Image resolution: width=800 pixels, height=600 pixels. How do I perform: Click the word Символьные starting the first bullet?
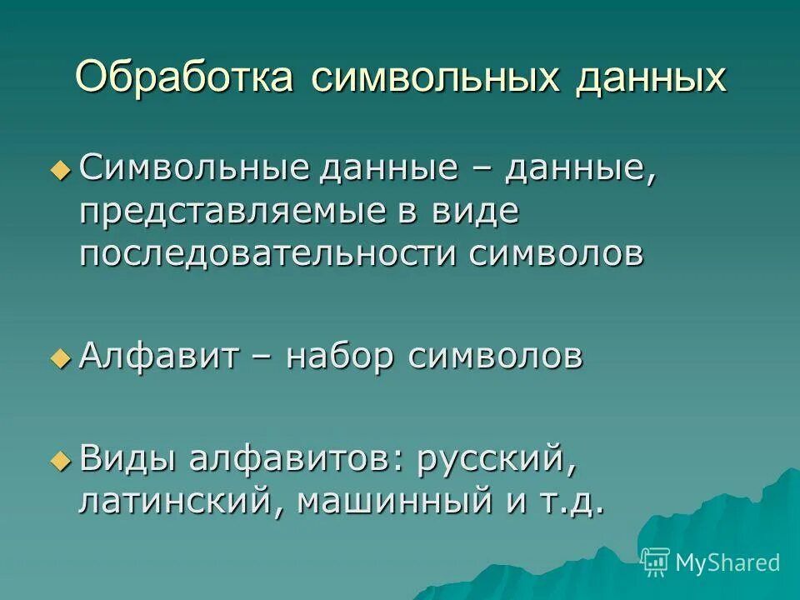(192, 168)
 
